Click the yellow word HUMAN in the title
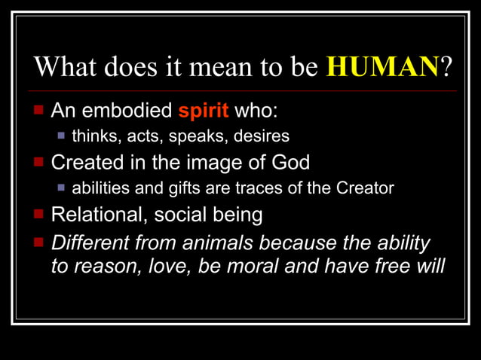(383, 68)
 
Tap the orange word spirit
(204, 112)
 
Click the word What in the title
(65, 68)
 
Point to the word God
(290, 163)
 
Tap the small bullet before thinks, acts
(62, 136)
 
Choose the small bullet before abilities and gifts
(62, 188)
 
